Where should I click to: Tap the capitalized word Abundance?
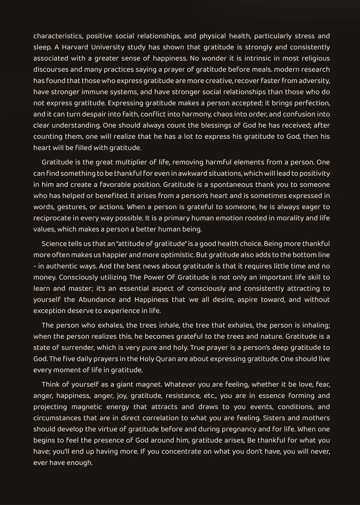tap(111, 299)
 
